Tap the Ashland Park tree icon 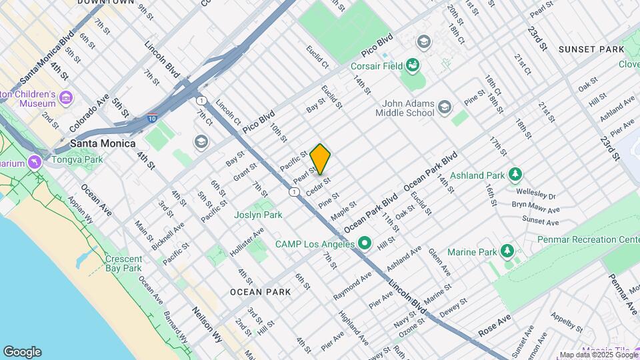click(x=515, y=175)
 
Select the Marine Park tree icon click(x=508, y=251)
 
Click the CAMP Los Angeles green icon click(x=363, y=243)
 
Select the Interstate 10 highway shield click(x=153, y=117)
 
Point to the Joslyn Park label click(x=258, y=215)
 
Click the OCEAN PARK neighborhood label click(x=260, y=292)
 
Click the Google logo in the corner click(x=22, y=351)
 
